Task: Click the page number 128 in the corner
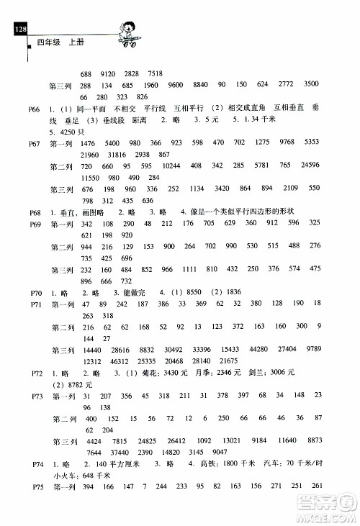pos(19,29)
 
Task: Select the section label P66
pos(37,108)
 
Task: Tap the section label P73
pos(37,396)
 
